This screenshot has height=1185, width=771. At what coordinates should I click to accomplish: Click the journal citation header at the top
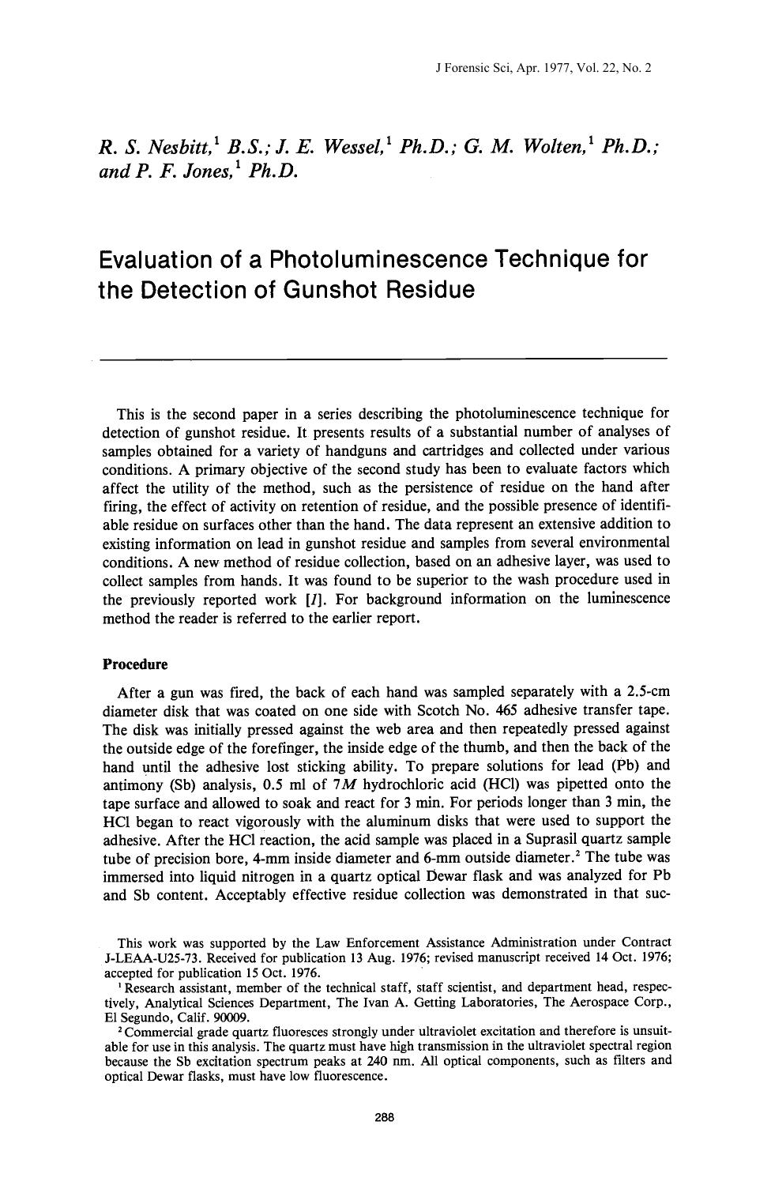(x=543, y=69)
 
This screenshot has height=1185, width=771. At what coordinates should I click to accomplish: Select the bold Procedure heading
(x=135, y=664)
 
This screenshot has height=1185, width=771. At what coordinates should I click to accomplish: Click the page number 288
(x=385, y=1117)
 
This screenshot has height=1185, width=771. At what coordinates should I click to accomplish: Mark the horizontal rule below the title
(x=385, y=359)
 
